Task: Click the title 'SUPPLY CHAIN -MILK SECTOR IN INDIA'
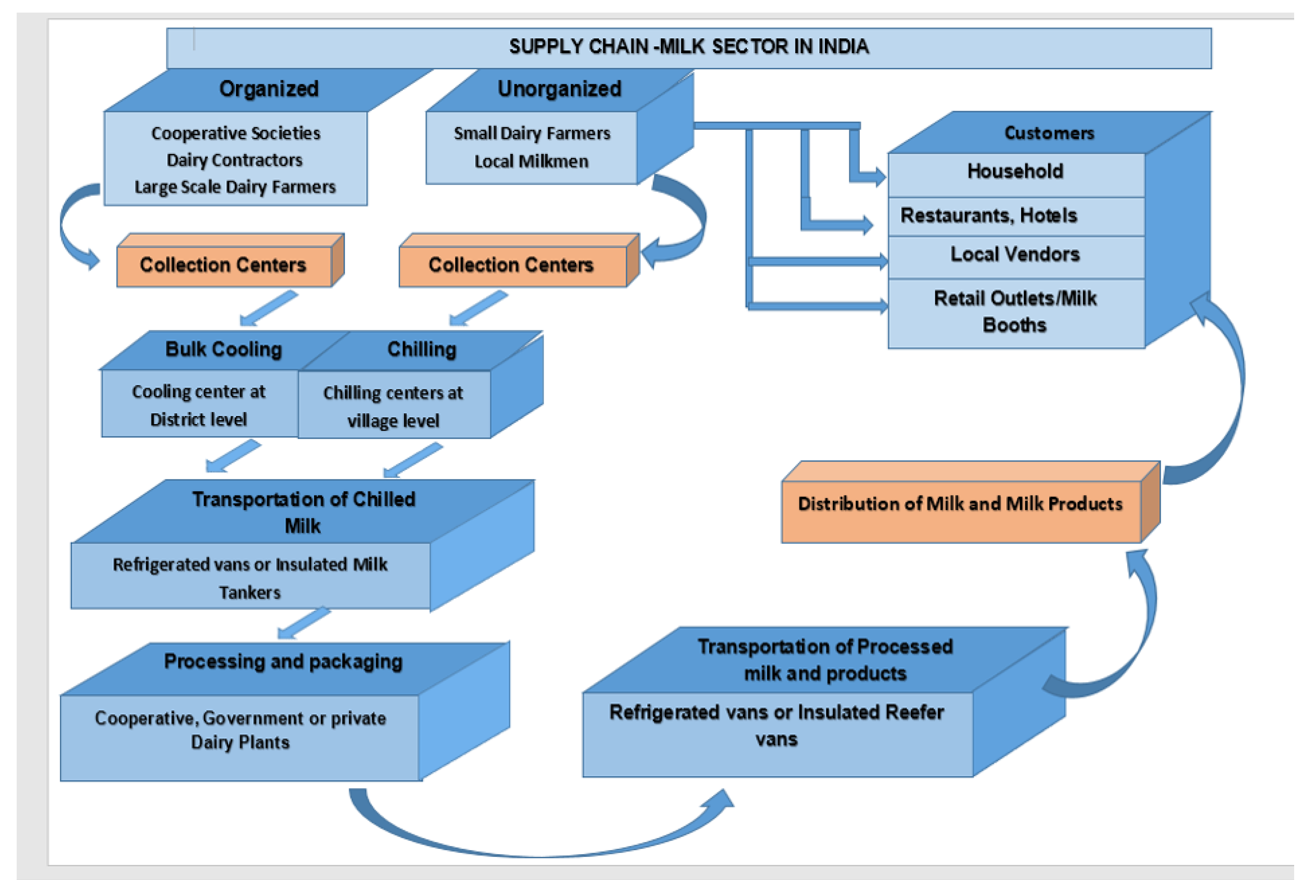688,47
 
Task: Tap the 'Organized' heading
268,89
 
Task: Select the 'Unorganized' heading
559,89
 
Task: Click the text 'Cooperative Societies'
236,133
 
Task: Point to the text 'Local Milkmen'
531,162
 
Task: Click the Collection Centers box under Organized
223,265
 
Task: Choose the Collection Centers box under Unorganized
511,265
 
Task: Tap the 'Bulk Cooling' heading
223,350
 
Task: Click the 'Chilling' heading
422,350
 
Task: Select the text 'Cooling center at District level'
198,406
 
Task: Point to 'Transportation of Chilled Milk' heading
304,512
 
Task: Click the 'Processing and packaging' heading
283,662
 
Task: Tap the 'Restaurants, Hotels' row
989,216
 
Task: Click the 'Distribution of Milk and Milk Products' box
960,504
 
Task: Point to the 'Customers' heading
1049,133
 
